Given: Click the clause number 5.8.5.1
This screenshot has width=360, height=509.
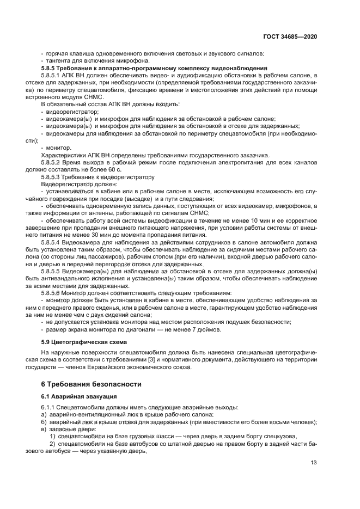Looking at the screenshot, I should pyautogui.click(x=59, y=75).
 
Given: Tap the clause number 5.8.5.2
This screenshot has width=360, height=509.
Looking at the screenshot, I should pyautogui.click(x=59, y=163).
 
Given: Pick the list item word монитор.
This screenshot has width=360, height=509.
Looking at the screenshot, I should pyautogui.click(x=59, y=148).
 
